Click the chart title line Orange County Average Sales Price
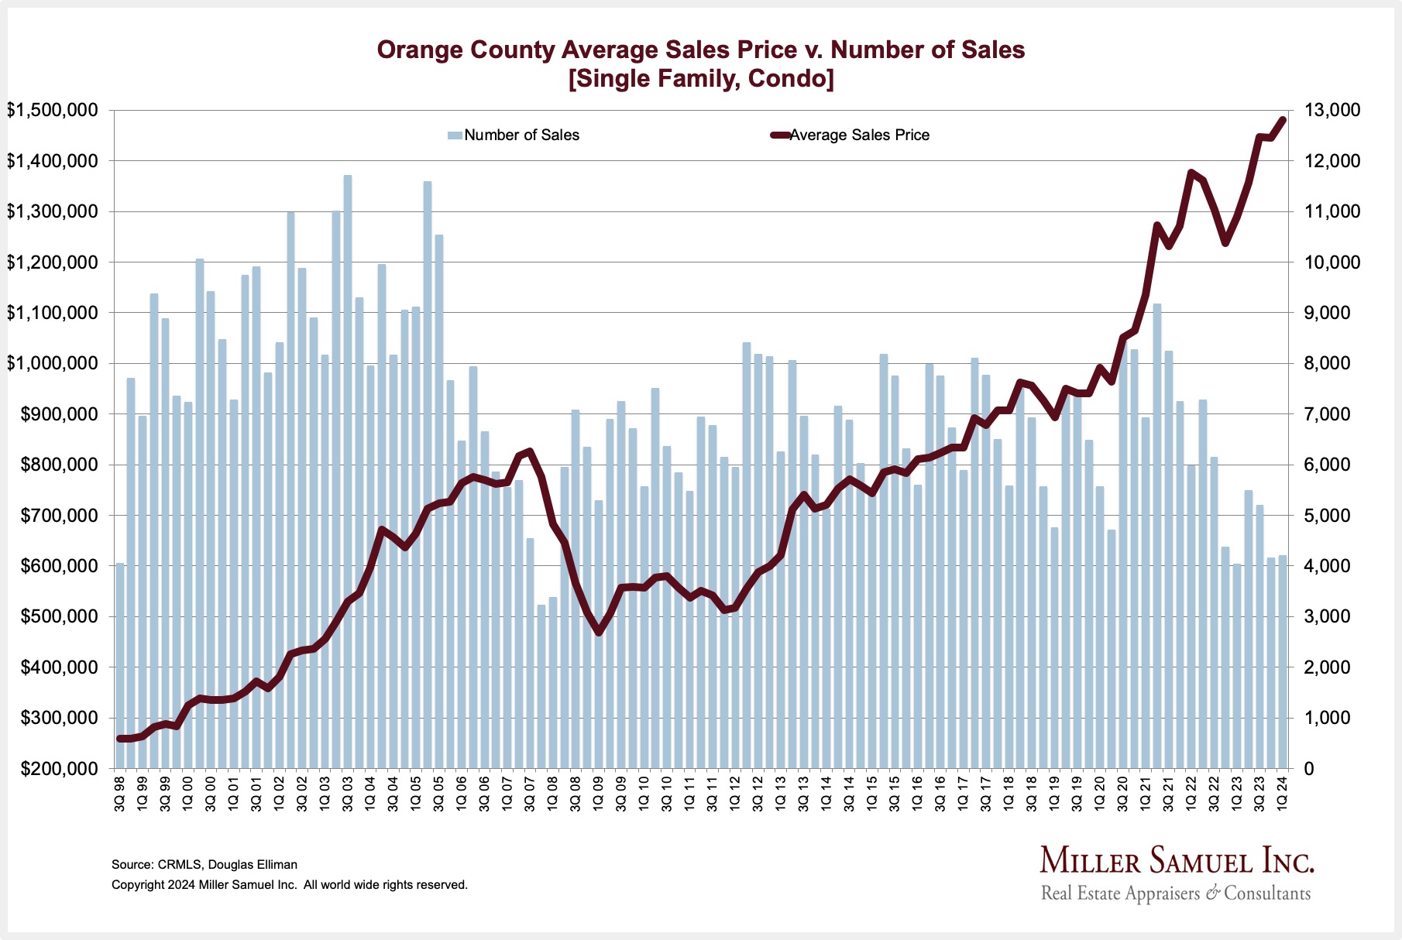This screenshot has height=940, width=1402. [700, 50]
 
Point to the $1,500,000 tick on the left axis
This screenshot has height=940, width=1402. [53, 111]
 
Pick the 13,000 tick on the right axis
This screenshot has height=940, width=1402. [1333, 111]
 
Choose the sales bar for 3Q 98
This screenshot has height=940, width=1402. [120, 666]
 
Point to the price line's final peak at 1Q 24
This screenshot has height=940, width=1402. [1283, 119]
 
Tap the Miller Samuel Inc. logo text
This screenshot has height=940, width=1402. [1176, 861]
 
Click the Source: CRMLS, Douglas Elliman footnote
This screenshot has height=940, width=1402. [204, 865]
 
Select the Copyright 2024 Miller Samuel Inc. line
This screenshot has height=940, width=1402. [290, 885]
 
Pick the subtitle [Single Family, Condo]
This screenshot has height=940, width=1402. [700, 79]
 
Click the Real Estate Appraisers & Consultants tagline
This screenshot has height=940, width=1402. [1176, 894]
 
